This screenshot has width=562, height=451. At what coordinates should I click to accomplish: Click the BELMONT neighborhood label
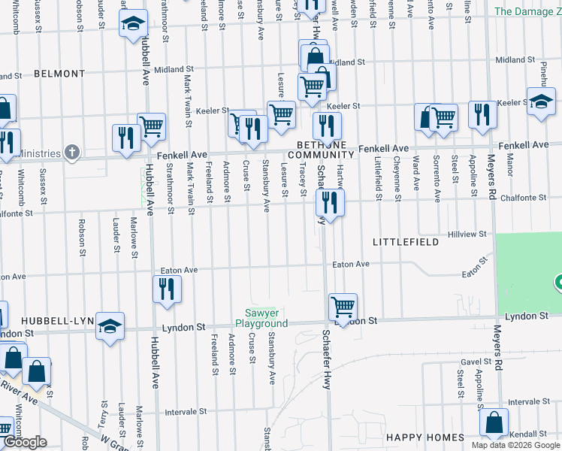[59, 74]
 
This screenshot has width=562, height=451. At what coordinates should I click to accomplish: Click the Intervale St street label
[186, 412]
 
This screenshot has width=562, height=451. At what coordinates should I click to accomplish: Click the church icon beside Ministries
[72, 153]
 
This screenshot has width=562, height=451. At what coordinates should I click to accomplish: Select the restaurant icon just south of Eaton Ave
[165, 289]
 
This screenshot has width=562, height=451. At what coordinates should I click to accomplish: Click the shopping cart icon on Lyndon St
[343, 307]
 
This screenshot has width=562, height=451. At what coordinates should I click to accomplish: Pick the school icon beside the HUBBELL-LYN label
[110, 325]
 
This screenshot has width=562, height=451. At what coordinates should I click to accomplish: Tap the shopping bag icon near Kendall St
[494, 422]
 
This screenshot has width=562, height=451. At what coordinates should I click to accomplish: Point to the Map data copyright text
[515, 445]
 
